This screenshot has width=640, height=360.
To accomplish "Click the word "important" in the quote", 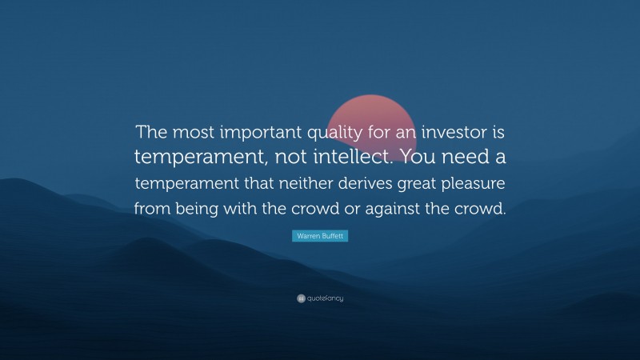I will click(256, 132).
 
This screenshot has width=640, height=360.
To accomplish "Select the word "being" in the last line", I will click(201, 209).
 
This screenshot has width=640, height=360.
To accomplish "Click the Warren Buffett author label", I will click(320, 237).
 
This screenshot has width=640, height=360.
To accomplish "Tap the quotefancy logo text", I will click(325, 298).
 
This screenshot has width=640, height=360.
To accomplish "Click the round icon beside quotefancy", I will click(301, 298).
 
